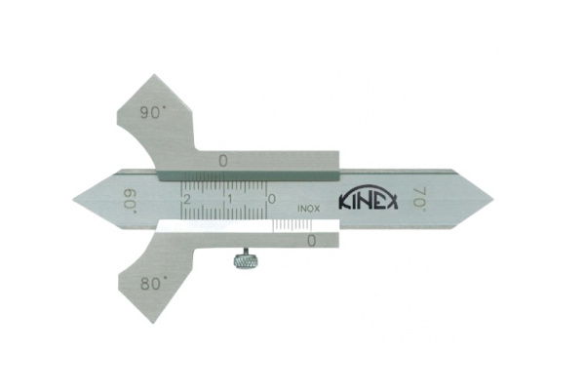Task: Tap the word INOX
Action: point(305,207)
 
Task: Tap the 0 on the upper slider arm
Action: point(223,160)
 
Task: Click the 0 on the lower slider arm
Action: point(311,240)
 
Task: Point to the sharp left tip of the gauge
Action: point(75,199)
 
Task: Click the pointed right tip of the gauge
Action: point(491,199)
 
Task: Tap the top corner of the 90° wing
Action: point(152,76)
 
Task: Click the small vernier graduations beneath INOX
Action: point(292,223)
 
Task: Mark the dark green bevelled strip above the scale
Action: point(244,175)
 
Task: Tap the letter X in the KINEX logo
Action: point(393,201)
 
